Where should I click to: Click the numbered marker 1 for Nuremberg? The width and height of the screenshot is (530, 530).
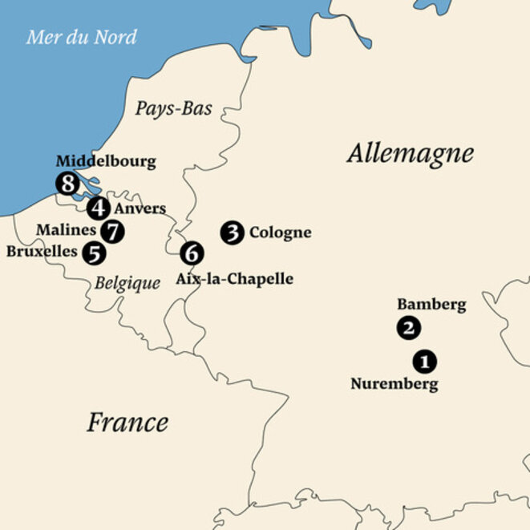(x=425, y=361)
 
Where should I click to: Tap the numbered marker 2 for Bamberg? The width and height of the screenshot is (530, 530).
(x=408, y=327)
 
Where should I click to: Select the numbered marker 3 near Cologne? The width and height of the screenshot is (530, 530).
(x=233, y=233)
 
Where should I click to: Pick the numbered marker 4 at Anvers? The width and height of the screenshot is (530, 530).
(x=98, y=208)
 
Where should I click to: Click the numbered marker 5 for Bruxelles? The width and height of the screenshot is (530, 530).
(x=95, y=253)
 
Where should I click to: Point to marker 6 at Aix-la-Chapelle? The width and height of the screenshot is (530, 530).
(x=192, y=253)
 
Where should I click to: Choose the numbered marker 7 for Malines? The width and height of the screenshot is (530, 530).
(x=114, y=231)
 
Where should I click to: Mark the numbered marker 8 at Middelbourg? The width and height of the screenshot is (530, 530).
(x=67, y=184)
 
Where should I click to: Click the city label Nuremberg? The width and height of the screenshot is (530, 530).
(x=394, y=384)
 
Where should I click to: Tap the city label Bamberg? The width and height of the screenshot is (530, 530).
(x=431, y=305)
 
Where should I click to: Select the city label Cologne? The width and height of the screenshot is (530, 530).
(x=280, y=233)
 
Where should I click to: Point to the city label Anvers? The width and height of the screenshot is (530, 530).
(x=140, y=208)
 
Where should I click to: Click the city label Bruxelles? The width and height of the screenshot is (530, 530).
(x=42, y=252)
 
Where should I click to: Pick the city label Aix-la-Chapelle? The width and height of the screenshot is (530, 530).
(x=234, y=279)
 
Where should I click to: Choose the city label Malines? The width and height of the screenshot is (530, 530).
(x=67, y=230)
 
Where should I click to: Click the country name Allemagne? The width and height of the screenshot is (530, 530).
(x=410, y=153)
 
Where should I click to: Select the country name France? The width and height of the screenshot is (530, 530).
(x=127, y=422)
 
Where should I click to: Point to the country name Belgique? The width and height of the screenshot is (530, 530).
(x=127, y=282)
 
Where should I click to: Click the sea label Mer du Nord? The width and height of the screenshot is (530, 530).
(x=81, y=37)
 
